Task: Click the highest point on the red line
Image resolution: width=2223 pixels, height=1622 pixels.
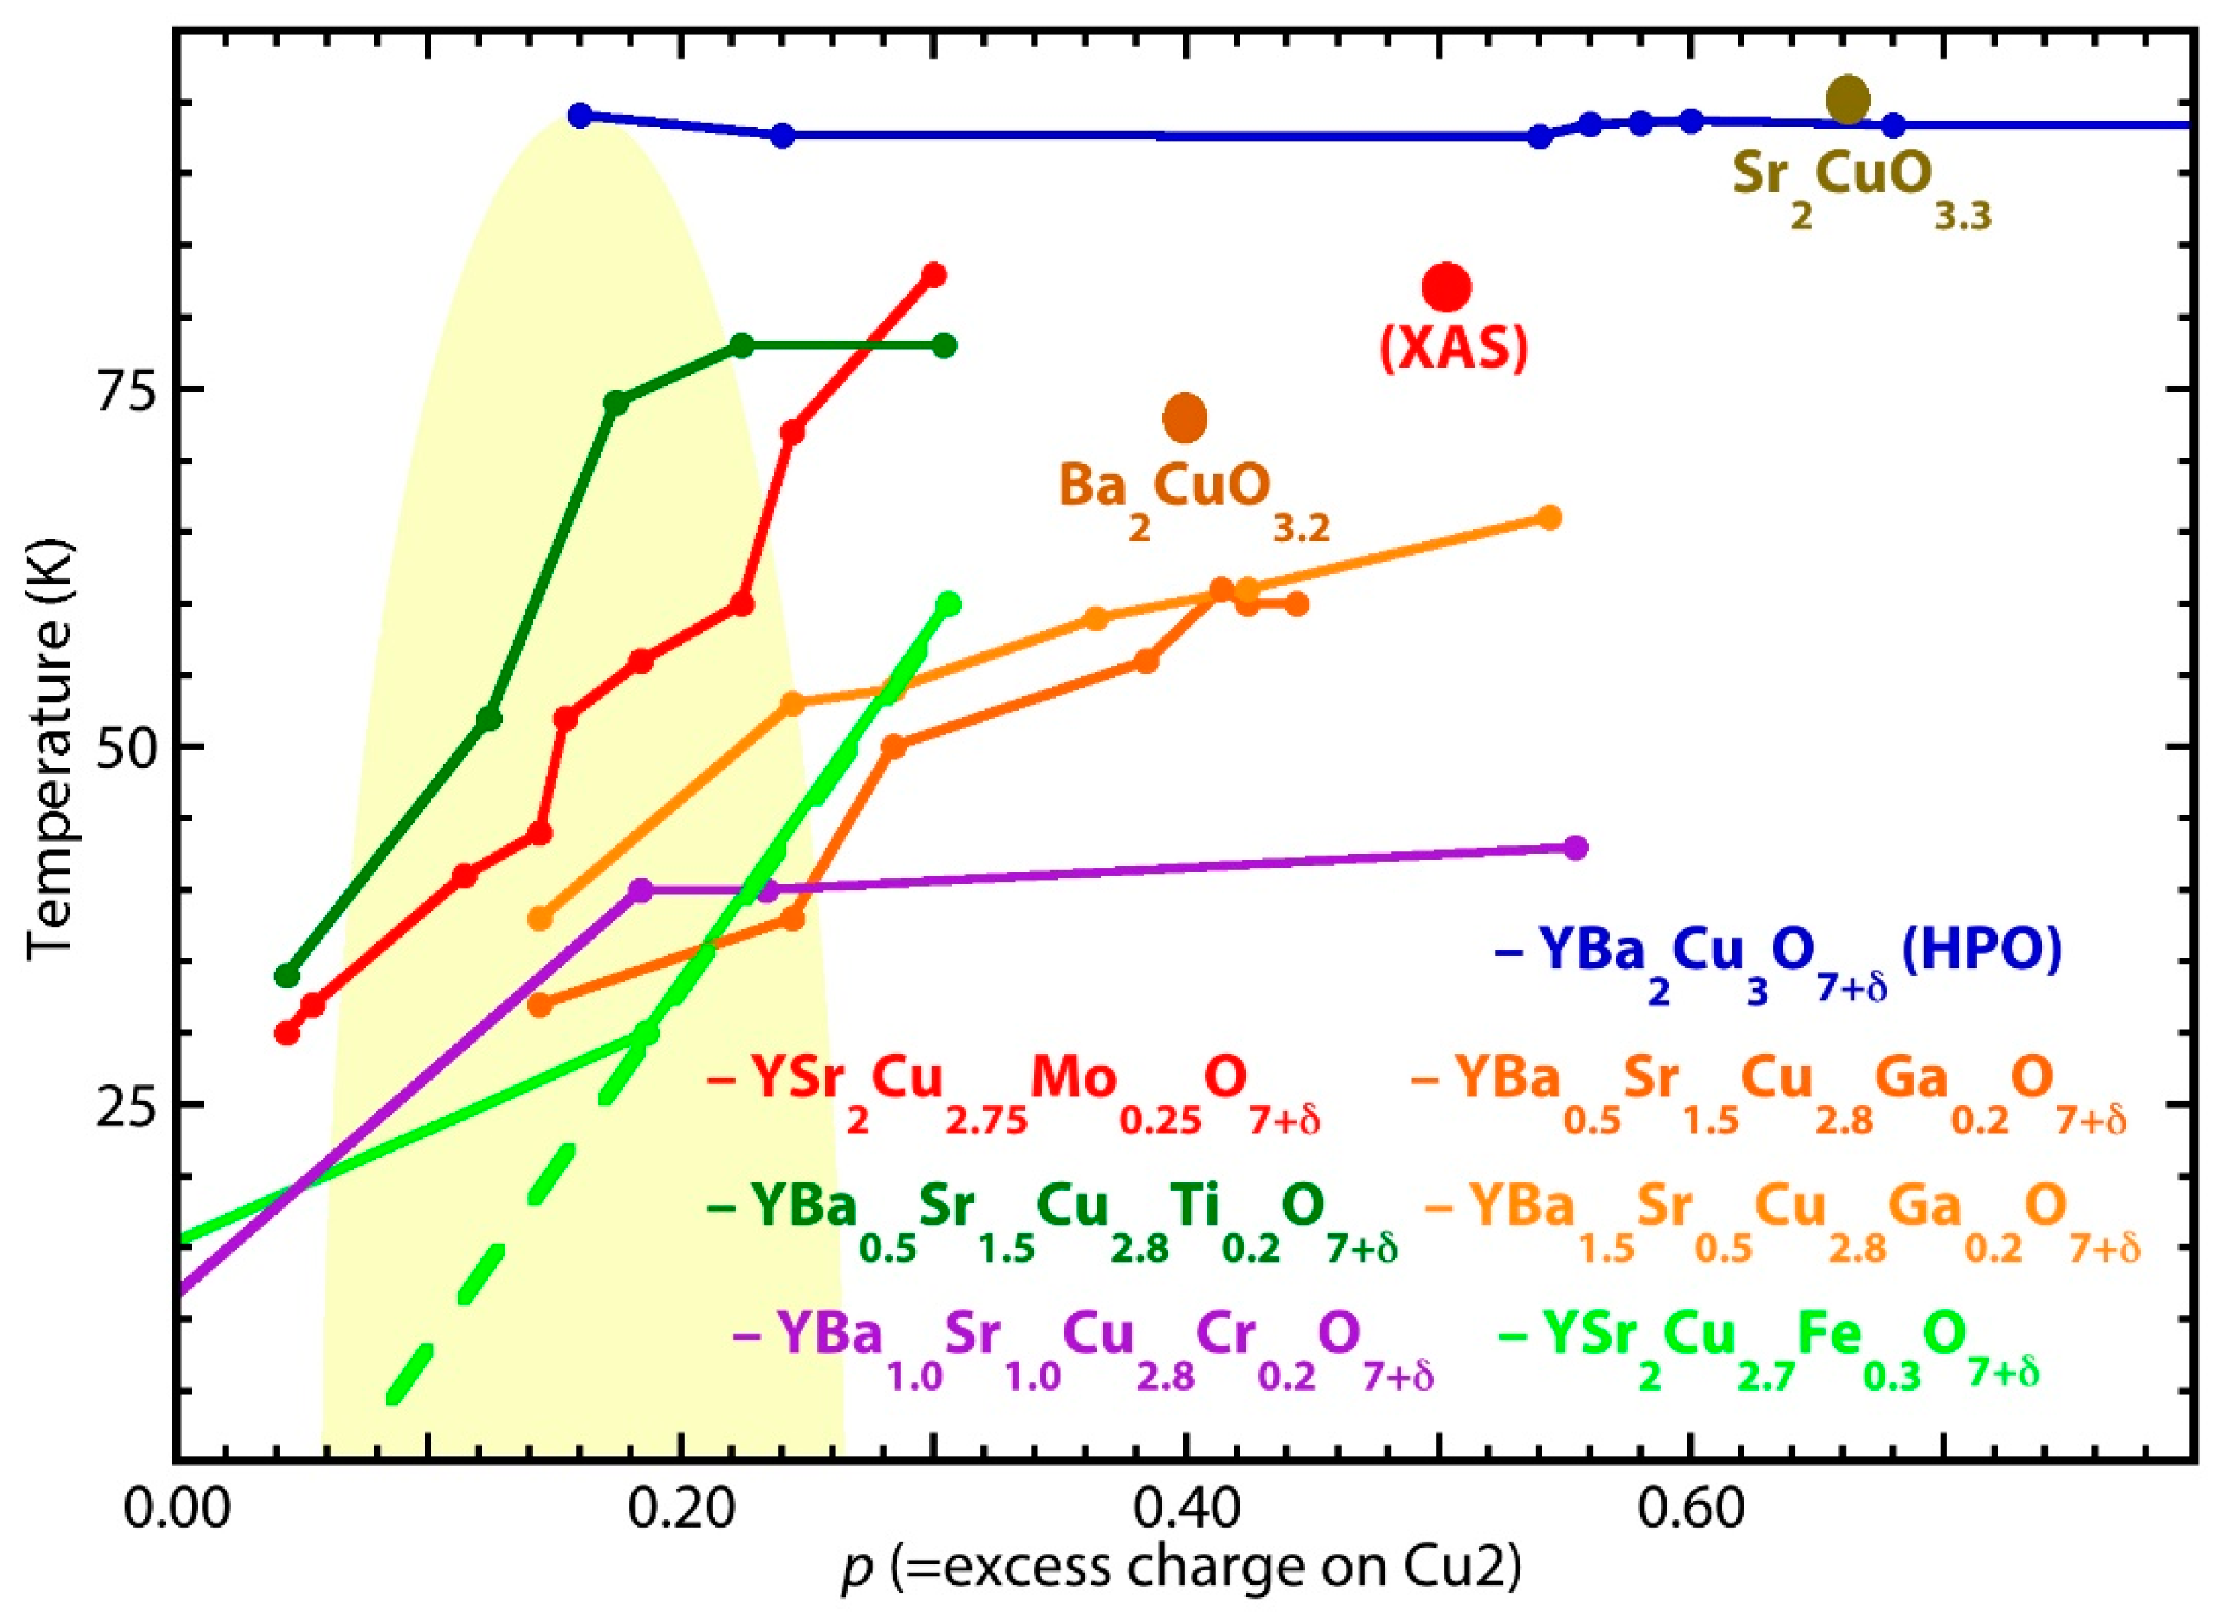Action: pos(934,275)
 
